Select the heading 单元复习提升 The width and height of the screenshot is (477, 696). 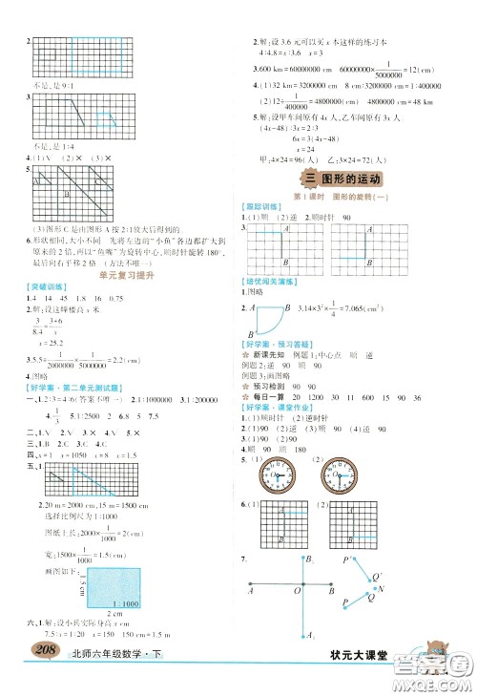coord(121,275)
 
